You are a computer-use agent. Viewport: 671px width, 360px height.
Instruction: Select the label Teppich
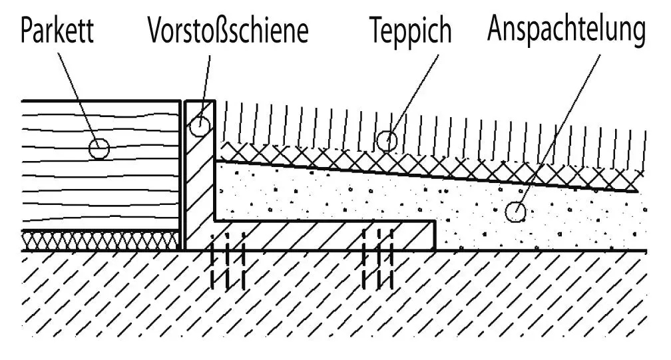tap(410, 31)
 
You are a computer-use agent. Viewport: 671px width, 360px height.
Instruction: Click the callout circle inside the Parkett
tap(99, 148)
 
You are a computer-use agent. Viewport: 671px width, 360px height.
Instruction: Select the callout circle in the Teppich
tap(386, 140)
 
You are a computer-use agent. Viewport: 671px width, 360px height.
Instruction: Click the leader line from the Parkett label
tap(79, 93)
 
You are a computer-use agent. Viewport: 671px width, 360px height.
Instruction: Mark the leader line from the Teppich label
tap(416, 93)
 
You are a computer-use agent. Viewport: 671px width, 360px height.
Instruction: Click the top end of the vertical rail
tap(199, 102)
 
